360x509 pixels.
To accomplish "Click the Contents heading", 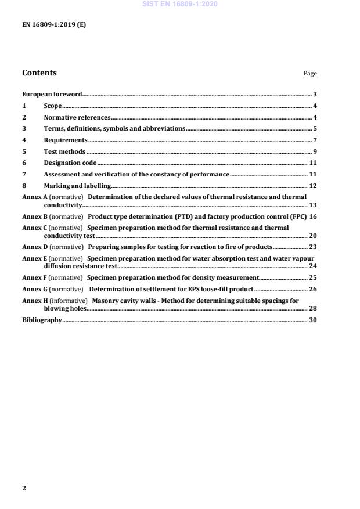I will click(39, 73).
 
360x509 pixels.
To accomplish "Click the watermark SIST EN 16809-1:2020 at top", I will click(180, 5).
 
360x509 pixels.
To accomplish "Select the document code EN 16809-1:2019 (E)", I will click(54, 26).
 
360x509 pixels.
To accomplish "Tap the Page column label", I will click(310, 74).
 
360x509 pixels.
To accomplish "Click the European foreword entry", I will click(52, 94).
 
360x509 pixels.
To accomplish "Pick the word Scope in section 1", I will click(53, 106).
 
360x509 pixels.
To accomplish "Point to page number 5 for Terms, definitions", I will click(315, 128).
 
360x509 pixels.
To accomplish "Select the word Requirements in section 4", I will click(66, 140).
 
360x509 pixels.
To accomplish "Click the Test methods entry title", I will click(64, 151).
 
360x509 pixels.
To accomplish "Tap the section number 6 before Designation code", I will click(24, 163).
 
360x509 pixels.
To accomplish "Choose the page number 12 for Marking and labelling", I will click(312, 186).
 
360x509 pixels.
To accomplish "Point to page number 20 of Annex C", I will click(312, 236).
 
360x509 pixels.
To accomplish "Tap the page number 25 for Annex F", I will click(312, 277).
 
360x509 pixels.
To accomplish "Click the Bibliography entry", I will click(42, 320).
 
